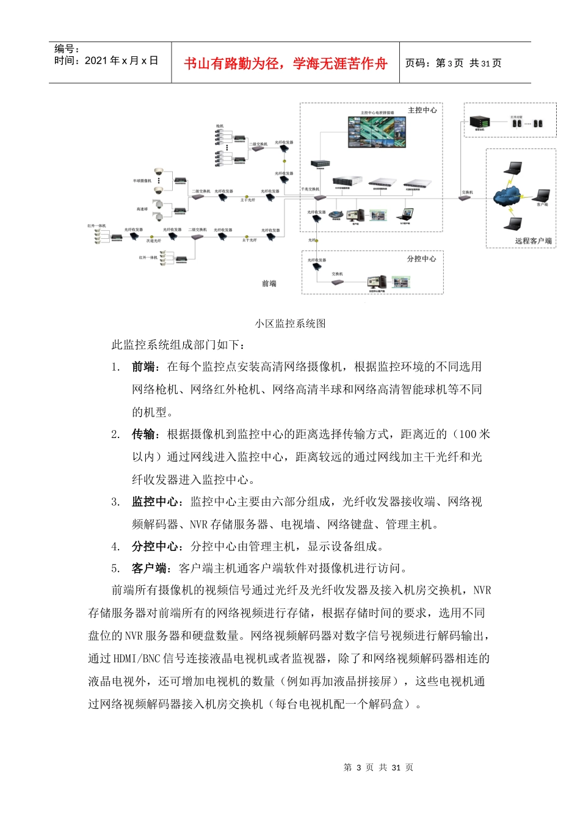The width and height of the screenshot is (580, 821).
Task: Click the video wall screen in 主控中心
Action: [376, 131]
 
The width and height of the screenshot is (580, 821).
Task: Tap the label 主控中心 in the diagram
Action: [422, 110]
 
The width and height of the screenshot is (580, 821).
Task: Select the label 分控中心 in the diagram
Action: [421, 258]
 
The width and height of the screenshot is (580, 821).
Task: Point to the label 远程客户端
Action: [533, 241]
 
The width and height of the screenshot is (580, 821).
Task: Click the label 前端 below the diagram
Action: [269, 283]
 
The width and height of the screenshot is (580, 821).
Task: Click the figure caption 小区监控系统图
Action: [291, 323]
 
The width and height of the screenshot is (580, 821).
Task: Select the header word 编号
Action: [64, 49]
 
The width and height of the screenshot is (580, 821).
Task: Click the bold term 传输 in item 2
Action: [143, 434]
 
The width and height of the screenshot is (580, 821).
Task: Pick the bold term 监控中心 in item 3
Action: [155, 502]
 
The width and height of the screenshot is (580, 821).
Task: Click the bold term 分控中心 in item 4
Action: [155, 546]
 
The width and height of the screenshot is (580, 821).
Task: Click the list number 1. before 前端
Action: [115, 367]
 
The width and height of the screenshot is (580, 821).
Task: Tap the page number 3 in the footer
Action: [359, 767]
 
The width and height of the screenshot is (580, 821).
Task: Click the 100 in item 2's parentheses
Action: [467, 434]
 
